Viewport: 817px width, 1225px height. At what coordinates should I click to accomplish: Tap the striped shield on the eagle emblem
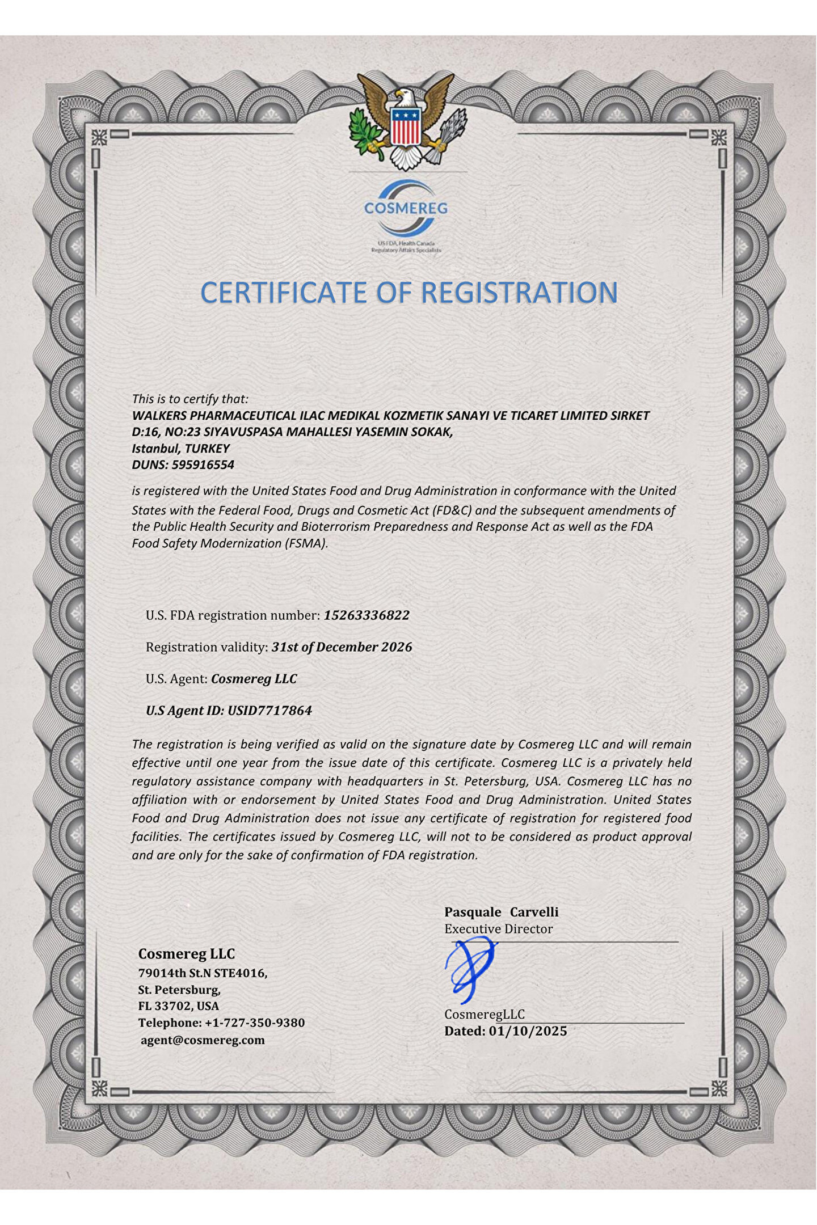pyautogui.click(x=405, y=126)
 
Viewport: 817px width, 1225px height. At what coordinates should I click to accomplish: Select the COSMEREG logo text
pyautogui.click(x=406, y=208)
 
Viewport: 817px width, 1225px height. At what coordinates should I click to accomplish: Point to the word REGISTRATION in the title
pyautogui.click(x=519, y=293)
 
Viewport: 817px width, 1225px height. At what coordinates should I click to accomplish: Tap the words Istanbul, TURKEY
pyautogui.click(x=180, y=449)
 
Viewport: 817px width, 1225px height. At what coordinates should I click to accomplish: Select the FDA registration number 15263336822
pyautogui.click(x=367, y=615)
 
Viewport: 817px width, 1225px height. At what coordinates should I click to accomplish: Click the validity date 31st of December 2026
pyautogui.click(x=342, y=647)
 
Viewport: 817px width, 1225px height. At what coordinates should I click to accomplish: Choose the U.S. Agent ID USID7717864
pyautogui.click(x=269, y=711)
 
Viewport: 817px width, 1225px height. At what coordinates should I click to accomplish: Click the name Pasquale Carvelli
pyautogui.click(x=501, y=912)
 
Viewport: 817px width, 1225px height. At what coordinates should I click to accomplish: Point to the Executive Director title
pyautogui.click(x=498, y=929)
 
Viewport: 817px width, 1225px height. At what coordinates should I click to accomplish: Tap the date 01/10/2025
pyautogui.click(x=528, y=1031)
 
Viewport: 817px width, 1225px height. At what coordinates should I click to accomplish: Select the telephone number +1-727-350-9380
pyautogui.click(x=254, y=1023)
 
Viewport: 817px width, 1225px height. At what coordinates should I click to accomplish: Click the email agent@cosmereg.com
pyautogui.click(x=203, y=1040)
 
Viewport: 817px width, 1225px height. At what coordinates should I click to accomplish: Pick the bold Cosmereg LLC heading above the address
pyautogui.click(x=186, y=954)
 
